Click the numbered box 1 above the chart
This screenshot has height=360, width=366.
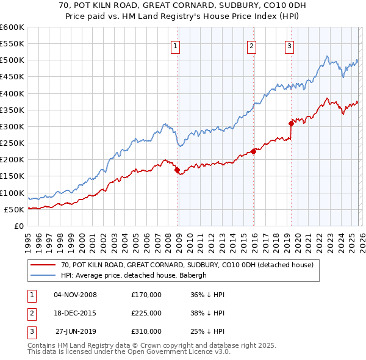175,45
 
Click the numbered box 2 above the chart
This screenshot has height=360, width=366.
251,45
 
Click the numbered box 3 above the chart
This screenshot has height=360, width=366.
289,45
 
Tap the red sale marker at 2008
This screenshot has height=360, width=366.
178,170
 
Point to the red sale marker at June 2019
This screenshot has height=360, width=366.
292,123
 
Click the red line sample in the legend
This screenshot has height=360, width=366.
43,265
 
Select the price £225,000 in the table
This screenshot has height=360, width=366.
146,313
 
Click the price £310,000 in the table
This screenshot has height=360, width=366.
146,331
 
